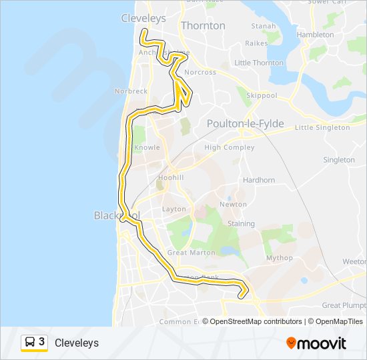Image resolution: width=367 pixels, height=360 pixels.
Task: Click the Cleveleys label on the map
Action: pos(143,19)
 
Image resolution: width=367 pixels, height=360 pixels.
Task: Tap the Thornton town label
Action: pos(204,26)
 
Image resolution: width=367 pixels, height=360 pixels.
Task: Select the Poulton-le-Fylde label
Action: pos(245,124)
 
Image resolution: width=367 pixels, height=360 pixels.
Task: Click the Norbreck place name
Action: pos(131,91)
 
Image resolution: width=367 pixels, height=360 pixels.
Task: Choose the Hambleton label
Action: pos(315,35)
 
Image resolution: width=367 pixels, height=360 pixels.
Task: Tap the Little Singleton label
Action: pos(322,127)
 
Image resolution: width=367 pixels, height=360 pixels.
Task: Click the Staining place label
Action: pos(242,224)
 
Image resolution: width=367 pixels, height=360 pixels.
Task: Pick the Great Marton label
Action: pos(192,253)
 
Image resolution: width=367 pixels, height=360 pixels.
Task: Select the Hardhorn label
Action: pos(259,180)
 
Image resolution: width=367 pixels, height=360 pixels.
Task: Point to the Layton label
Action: pos(174,209)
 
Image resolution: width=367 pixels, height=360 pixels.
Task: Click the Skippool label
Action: pos(262,96)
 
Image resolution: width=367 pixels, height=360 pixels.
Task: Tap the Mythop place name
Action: pos(279,258)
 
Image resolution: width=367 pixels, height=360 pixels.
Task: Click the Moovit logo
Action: pos(316,343)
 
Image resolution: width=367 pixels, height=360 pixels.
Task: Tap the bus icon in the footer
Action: pos(30,343)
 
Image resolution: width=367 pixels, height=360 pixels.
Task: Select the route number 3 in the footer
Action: pos(42,342)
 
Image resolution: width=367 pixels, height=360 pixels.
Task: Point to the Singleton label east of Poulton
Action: pos(339,160)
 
